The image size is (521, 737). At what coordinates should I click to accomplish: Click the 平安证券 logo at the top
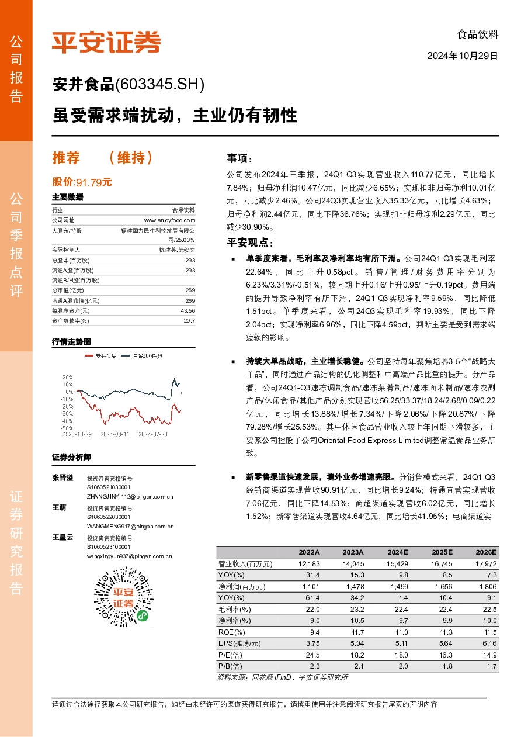[106, 41]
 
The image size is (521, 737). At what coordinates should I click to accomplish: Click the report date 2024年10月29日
[463, 56]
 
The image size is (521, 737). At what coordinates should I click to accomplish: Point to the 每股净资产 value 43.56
[187, 311]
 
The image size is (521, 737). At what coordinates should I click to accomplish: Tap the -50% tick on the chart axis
[67, 428]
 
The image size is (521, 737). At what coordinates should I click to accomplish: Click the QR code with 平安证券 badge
[123, 596]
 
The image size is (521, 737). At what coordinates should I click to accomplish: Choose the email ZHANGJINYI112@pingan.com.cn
[130, 496]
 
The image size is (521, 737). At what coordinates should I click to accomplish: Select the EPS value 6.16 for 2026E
[488, 643]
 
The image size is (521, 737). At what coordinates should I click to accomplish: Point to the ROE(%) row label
[231, 632]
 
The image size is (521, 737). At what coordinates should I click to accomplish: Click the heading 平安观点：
[249, 243]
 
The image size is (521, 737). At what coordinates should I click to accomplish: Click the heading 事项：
[240, 159]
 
